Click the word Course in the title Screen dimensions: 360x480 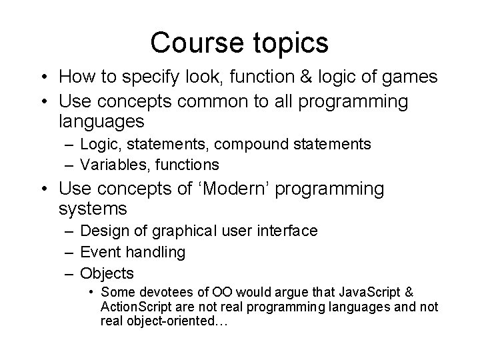[x=189, y=43]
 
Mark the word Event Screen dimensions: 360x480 [x=97, y=252]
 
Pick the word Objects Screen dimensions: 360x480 [x=107, y=273]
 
